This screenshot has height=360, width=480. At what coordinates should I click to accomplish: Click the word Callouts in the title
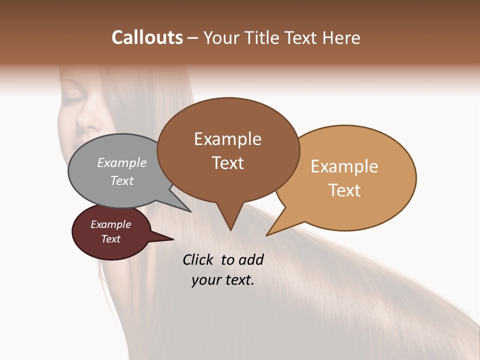coord(147,37)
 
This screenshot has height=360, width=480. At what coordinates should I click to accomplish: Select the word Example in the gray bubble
coord(122,162)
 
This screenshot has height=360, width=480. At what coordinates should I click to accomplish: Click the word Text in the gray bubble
coord(122,180)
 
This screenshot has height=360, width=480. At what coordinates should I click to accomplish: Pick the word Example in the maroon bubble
coord(110,224)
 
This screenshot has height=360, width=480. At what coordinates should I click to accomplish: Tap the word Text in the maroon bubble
coord(110,239)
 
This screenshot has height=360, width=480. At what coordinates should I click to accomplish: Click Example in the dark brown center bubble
coord(227,139)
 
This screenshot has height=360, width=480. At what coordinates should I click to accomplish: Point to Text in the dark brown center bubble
coord(228,163)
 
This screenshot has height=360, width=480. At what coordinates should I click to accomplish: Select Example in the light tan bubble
coord(344,166)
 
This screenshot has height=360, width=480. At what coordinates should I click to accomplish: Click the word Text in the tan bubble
coord(344,190)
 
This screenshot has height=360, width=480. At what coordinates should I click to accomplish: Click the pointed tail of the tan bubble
coord(270,232)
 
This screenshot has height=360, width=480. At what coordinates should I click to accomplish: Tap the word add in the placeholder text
coord(251,259)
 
